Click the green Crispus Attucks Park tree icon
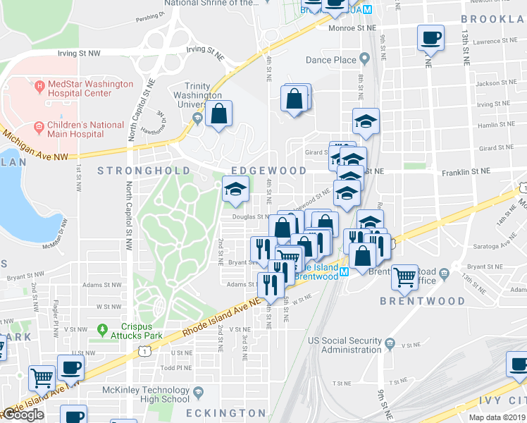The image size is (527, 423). [x=103, y=329]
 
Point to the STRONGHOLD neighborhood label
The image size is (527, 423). [x=144, y=171]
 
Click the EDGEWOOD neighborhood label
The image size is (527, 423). [x=269, y=171]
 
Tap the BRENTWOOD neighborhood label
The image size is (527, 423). [x=423, y=301]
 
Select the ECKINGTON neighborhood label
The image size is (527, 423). [x=226, y=413]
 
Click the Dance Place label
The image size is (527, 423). [x=331, y=60]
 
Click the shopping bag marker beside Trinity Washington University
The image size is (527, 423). [x=220, y=113]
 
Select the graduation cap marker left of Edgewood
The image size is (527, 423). [x=236, y=188]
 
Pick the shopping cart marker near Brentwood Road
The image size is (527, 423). [x=404, y=276]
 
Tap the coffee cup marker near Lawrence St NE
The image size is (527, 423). [x=430, y=37]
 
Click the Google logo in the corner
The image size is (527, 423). [x=23, y=415]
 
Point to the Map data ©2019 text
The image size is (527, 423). [x=496, y=417]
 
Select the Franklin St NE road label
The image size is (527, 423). [x=466, y=171]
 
